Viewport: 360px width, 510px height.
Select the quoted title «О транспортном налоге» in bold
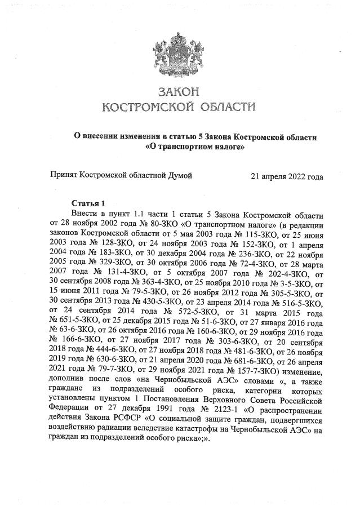coord(195,148)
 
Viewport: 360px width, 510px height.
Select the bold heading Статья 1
coord(88,203)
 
